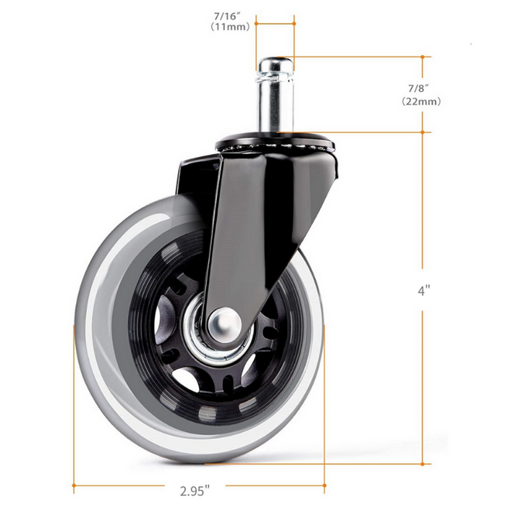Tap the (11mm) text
coord(230,27)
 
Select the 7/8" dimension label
coord(421,88)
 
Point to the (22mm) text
coord(421,102)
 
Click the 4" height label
coord(423,291)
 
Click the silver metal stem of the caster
coord(274,101)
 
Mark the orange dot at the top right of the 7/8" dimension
coord(423,56)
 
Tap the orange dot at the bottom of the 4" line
coord(423,464)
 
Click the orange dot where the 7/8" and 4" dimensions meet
coord(423,132)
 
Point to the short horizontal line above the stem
coord(274,22)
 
